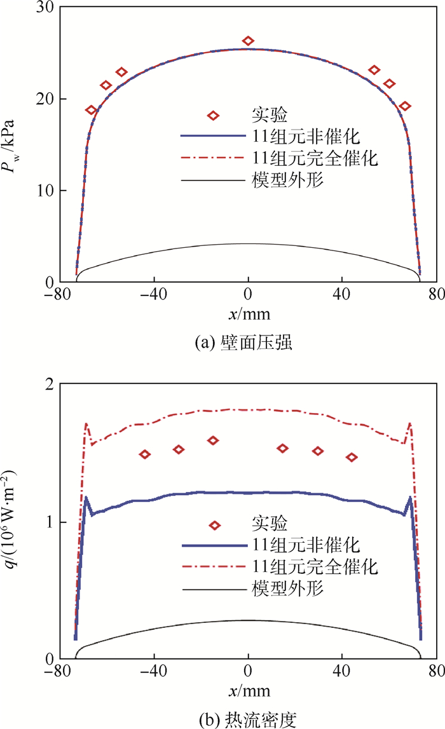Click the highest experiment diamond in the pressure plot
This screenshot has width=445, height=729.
click(248, 41)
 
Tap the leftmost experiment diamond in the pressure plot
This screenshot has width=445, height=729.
click(91, 110)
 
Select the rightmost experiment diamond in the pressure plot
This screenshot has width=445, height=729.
click(405, 106)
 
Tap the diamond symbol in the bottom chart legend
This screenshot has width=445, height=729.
click(215, 526)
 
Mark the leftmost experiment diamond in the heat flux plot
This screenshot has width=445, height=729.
click(144, 454)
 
